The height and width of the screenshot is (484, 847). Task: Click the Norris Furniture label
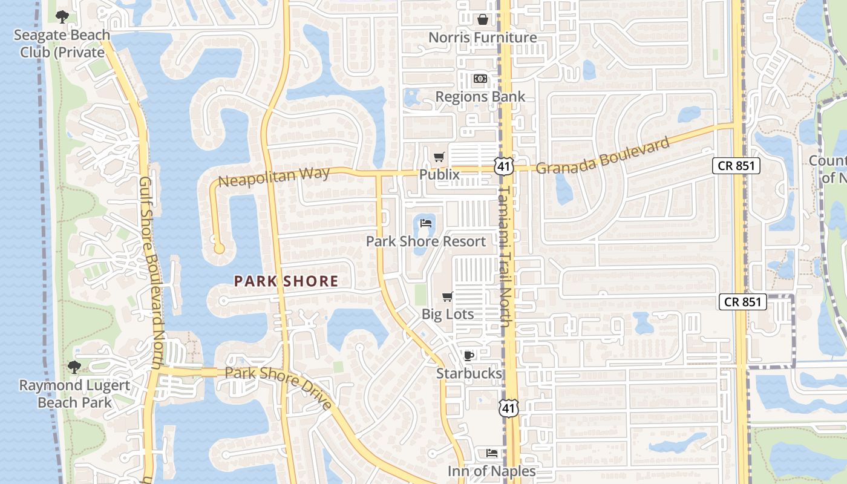(x=482, y=38)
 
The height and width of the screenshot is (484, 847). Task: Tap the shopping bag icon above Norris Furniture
(x=482, y=19)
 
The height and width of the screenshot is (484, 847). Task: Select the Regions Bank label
(x=480, y=97)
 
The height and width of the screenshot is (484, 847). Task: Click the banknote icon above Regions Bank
(x=480, y=79)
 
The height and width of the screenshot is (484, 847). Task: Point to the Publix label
(x=439, y=175)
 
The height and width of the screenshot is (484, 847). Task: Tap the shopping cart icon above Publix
(x=439, y=157)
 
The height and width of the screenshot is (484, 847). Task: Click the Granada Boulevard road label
(x=603, y=155)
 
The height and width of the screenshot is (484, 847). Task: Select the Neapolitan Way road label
(x=274, y=177)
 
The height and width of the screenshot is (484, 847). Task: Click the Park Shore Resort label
(x=426, y=242)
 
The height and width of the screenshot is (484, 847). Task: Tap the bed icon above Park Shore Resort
(x=426, y=224)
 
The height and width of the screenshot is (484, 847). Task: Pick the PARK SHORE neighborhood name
(x=286, y=281)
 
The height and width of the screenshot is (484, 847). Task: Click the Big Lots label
(x=448, y=315)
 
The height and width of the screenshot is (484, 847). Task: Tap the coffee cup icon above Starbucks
(x=468, y=356)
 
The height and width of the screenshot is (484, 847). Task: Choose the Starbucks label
(x=469, y=374)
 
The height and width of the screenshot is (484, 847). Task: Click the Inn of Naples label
(x=492, y=471)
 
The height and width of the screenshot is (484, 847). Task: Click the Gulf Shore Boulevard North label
(x=152, y=272)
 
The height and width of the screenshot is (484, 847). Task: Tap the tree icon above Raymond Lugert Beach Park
(x=74, y=367)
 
